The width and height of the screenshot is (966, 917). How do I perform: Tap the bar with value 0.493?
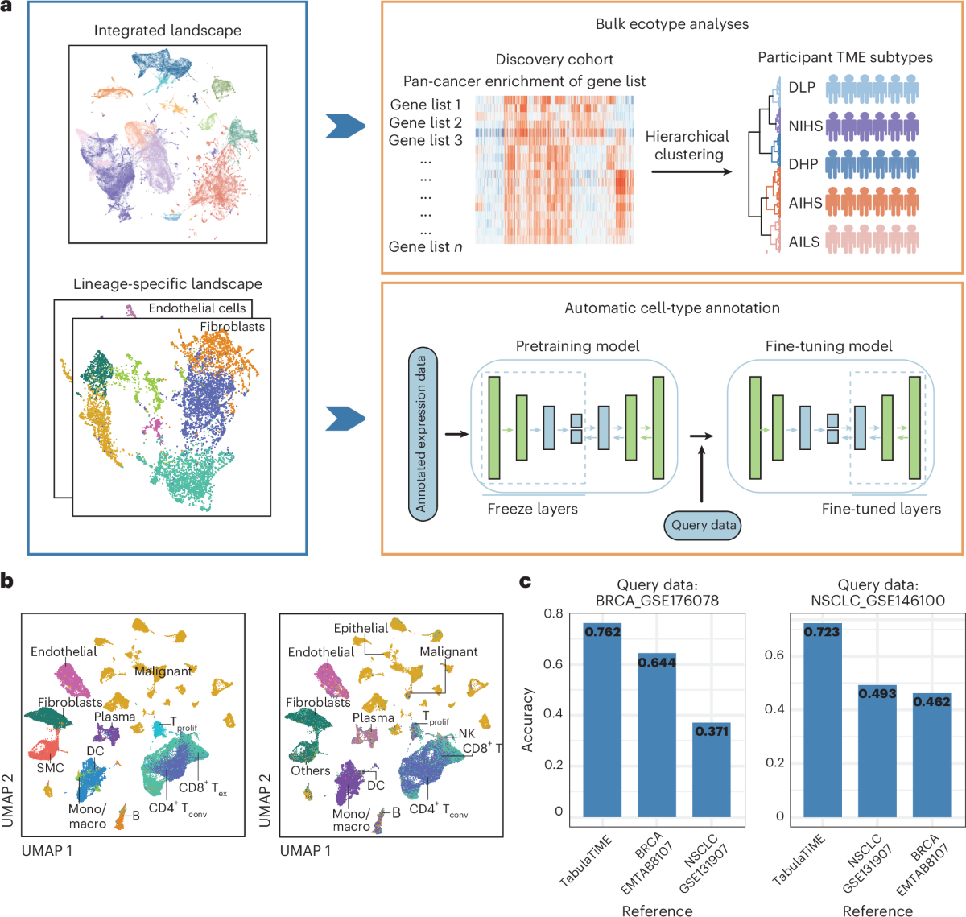point(877,754)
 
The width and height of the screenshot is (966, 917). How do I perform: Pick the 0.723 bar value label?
point(822,632)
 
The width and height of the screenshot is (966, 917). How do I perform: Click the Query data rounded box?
point(704,525)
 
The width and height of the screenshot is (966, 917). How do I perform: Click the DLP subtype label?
point(802,88)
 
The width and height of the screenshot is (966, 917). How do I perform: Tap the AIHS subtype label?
point(805,203)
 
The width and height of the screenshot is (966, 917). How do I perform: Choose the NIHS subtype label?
point(805,126)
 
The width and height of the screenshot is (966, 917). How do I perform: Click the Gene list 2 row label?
point(425,122)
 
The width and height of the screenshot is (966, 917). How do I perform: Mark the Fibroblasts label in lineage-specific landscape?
point(232,326)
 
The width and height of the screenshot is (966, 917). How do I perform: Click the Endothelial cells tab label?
point(197,308)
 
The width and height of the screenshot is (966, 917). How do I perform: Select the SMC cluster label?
point(50,768)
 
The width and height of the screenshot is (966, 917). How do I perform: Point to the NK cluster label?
point(467,733)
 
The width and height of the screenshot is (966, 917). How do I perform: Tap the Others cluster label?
point(311,770)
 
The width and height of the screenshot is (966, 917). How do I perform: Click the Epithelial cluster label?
point(361,628)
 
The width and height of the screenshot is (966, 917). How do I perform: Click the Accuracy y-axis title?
point(528,720)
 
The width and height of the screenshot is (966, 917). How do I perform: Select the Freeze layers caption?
point(532,509)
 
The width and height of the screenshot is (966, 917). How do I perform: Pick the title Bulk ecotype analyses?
point(671,24)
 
